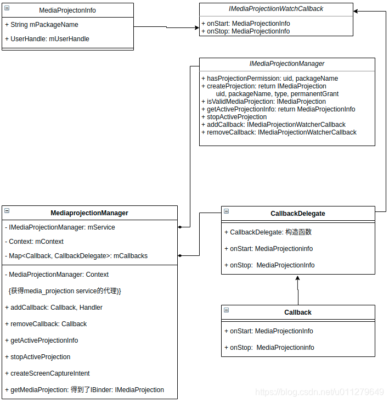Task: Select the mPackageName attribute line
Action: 44,25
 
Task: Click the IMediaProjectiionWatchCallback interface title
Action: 276,9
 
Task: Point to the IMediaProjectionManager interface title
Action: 287,64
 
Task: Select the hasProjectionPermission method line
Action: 272,79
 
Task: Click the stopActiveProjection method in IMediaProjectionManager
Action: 236,117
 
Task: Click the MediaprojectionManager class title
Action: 89,213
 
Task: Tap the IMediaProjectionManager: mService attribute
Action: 62,227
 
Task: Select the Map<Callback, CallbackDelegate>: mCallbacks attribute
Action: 78,256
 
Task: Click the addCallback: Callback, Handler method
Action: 56,308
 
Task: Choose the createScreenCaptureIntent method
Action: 50,373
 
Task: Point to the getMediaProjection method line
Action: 87,390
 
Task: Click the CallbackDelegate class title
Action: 298,214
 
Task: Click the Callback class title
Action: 298,312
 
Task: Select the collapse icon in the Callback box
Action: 226,310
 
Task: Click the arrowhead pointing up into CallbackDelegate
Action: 298,278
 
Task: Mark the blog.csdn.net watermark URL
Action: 320,392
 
